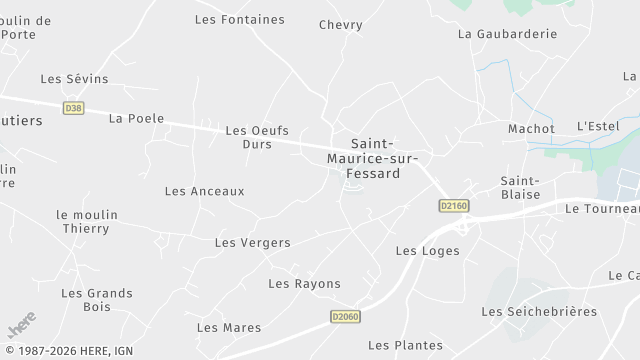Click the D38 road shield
click(x=73, y=107)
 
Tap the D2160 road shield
click(x=453, y=205)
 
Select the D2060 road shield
click(x=344, y=316)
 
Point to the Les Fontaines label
click(x=239, y=19)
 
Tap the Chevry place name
click(x=340, y=25)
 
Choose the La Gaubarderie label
click(x=507, y=33)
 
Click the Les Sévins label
click(x=74, y=79)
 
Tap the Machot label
click(x=531, y=129)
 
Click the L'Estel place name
click(x=599, y=126)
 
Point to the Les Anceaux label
click(x=204, y=191)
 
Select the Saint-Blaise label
click(x=520, y=187)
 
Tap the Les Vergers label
click(x=252, y=243)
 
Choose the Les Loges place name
click(x=427, y=251)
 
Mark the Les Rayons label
click(x=304, y=284)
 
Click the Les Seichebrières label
click(x=539, y=312)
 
